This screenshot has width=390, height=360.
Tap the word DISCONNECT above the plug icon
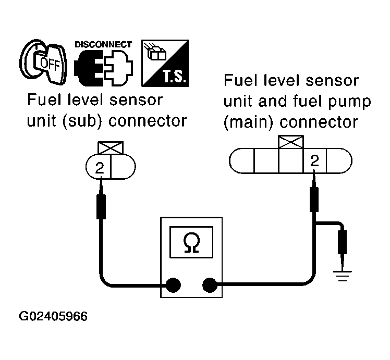(103, 44)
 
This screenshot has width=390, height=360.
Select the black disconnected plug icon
(103, 68)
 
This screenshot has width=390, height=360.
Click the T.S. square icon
(165, 63)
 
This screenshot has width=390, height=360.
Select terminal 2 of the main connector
(314, 162)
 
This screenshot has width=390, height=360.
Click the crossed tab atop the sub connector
(109, 149)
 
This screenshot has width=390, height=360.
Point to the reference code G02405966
(54, 316)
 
